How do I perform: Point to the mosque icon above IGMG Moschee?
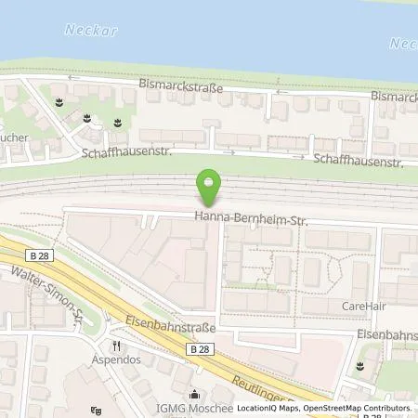coord(194,392)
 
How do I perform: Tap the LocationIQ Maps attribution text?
coord(269,408)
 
